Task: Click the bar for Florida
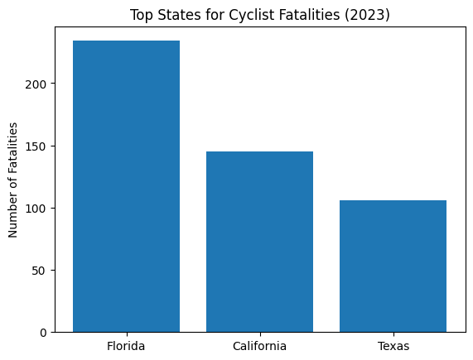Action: [126, 186]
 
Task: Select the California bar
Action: [259, 242]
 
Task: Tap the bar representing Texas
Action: [393, 266]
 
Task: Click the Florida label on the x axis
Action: [126, 346]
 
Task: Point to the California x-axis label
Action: [259, 346]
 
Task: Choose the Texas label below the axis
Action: [393, 346]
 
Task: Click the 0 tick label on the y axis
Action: [47, 333]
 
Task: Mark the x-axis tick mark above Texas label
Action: [393, 334]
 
